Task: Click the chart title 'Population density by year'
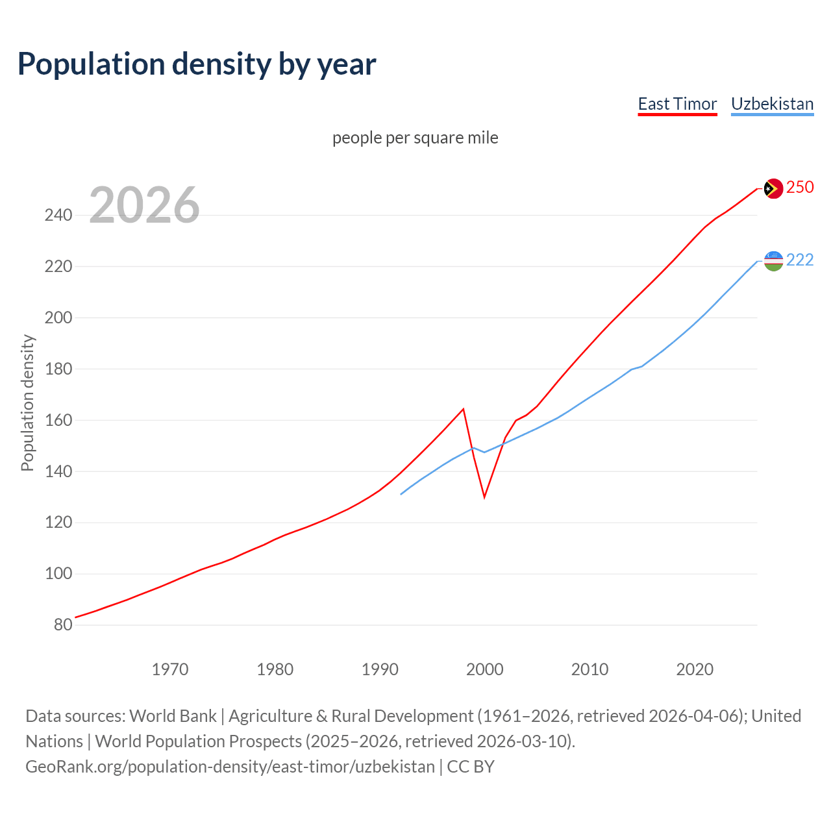coord(197,64)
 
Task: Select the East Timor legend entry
coord(677,104)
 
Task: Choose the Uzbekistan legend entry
coord(772,104)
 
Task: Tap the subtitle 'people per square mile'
coord(415,138)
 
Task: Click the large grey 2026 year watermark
coord(144,205)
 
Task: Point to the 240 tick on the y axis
coord(58,215)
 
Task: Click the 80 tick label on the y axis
coord(63,625)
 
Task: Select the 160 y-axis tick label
coord(58,420)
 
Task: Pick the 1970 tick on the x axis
coord(170,669)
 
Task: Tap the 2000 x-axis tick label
coord(484,669)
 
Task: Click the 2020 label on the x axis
coord(695,669)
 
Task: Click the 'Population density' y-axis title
coord(27,403)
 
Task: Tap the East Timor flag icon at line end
coord(773,188)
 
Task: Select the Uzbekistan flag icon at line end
coord(773,261)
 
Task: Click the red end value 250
coord(800,188)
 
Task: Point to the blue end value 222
coord(800,260)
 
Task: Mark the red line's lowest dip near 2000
coord(484,497)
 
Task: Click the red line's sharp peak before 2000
coord(463,409)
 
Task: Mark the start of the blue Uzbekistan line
coord(401,494)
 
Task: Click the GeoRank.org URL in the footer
coord(230,767)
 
